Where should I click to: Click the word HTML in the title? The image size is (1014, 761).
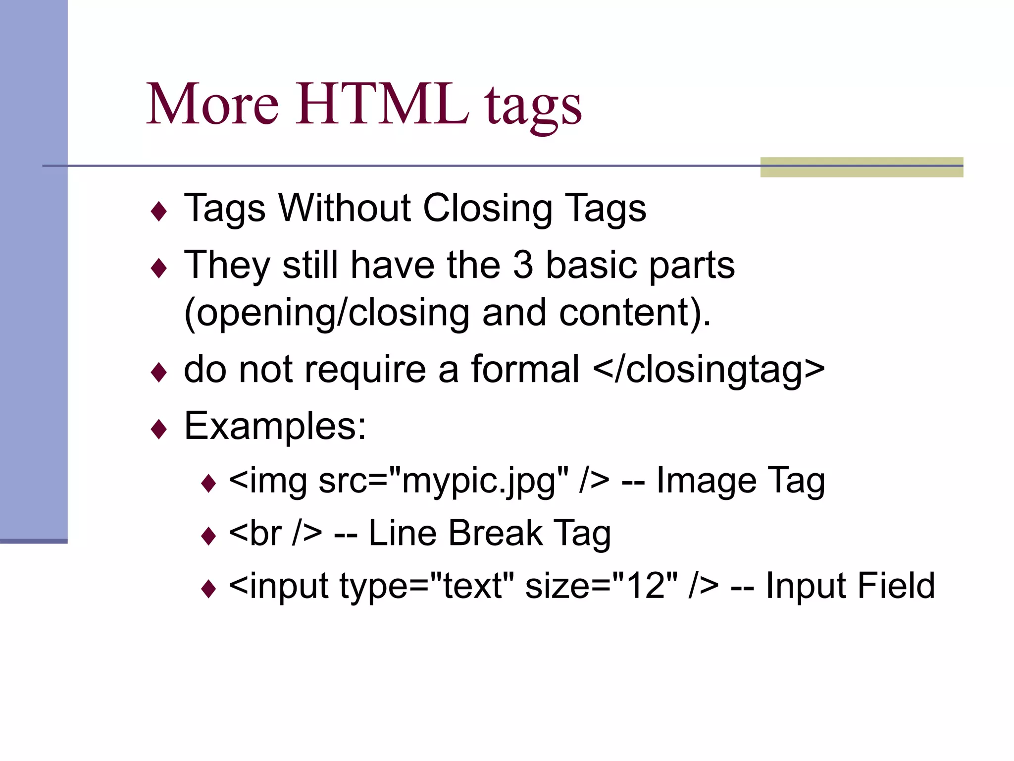(382, 104)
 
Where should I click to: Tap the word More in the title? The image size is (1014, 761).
(213, 104)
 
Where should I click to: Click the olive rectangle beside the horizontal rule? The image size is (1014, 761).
(861, 167)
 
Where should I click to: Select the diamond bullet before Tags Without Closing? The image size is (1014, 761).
(159, 212)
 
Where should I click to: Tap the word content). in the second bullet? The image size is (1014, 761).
(635, 313)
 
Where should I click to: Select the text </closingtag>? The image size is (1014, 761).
(709, 370)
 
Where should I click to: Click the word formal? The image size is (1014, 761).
(525, 369)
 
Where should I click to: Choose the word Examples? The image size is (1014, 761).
(275, 426)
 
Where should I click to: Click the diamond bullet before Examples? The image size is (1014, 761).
(159, 429)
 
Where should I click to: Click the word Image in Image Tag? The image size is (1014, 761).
(706, 481)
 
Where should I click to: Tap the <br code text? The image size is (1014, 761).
(256, 534)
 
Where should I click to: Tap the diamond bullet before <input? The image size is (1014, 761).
(209, 589)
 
